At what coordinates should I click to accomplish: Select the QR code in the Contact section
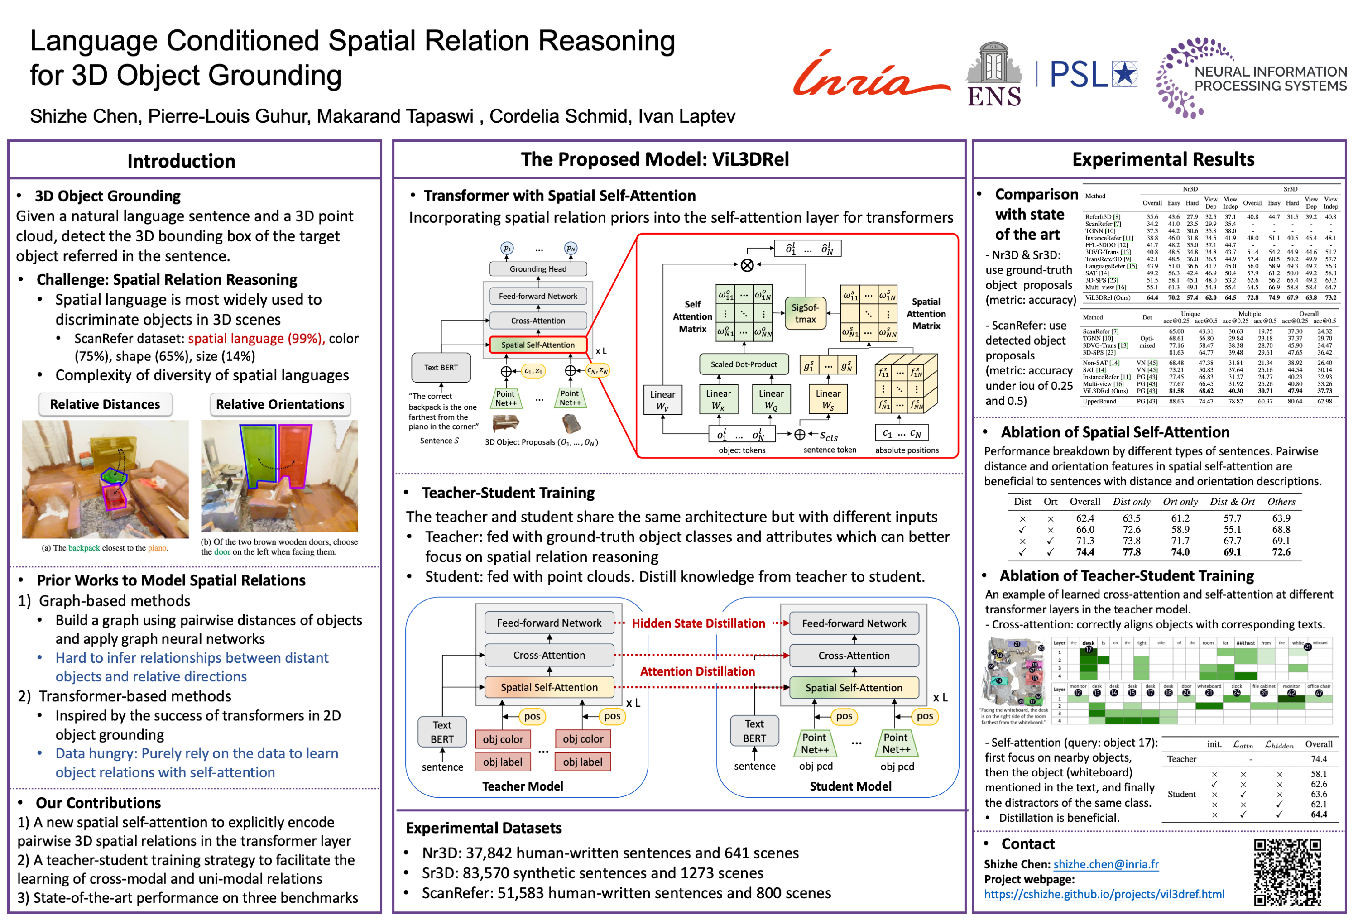(1287, 872)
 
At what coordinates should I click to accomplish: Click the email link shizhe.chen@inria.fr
(1106, 864)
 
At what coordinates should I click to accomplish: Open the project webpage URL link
(1104, 894)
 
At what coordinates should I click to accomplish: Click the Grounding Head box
(537, 268)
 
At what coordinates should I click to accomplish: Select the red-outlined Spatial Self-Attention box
(537, 345)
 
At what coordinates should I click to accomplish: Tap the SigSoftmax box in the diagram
(805, 313)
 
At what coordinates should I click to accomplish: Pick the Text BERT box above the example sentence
(441, 368)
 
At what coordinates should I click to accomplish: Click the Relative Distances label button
(105, 404)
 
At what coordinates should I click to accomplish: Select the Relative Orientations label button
(280, 404)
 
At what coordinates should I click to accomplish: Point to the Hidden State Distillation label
(698, 623)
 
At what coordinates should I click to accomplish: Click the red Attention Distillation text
(697, 671)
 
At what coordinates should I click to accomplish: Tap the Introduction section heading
(181, 161)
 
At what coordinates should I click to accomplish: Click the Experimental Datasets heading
(483, 828)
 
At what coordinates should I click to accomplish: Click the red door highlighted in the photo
(294, 455)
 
